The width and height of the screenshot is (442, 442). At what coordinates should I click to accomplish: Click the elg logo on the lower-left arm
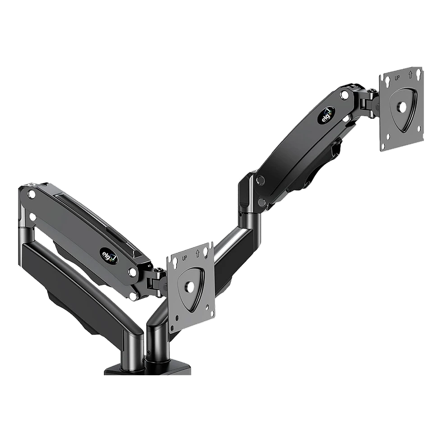click(113, 253)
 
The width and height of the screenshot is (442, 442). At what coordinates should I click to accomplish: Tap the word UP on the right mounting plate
click(397, 78)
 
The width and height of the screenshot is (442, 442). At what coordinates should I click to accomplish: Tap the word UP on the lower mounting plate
click(185, 258)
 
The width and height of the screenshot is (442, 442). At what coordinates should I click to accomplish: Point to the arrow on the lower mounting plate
click(198, 253)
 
